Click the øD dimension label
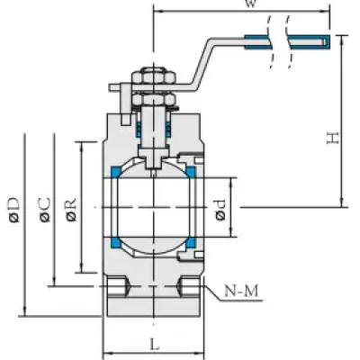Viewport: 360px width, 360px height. (14, 210)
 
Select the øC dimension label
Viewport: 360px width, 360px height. (44, 210)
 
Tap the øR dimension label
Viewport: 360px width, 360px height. (71, 210)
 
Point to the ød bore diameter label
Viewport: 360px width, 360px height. (220, 210)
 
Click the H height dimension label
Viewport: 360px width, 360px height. (333, 139)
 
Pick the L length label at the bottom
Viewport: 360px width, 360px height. (155, 345)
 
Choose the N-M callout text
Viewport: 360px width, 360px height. (241, 291)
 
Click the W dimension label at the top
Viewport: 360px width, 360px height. (251, 3)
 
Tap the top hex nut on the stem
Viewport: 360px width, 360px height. (154, 76)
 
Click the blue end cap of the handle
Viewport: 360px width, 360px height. (326, 41)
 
